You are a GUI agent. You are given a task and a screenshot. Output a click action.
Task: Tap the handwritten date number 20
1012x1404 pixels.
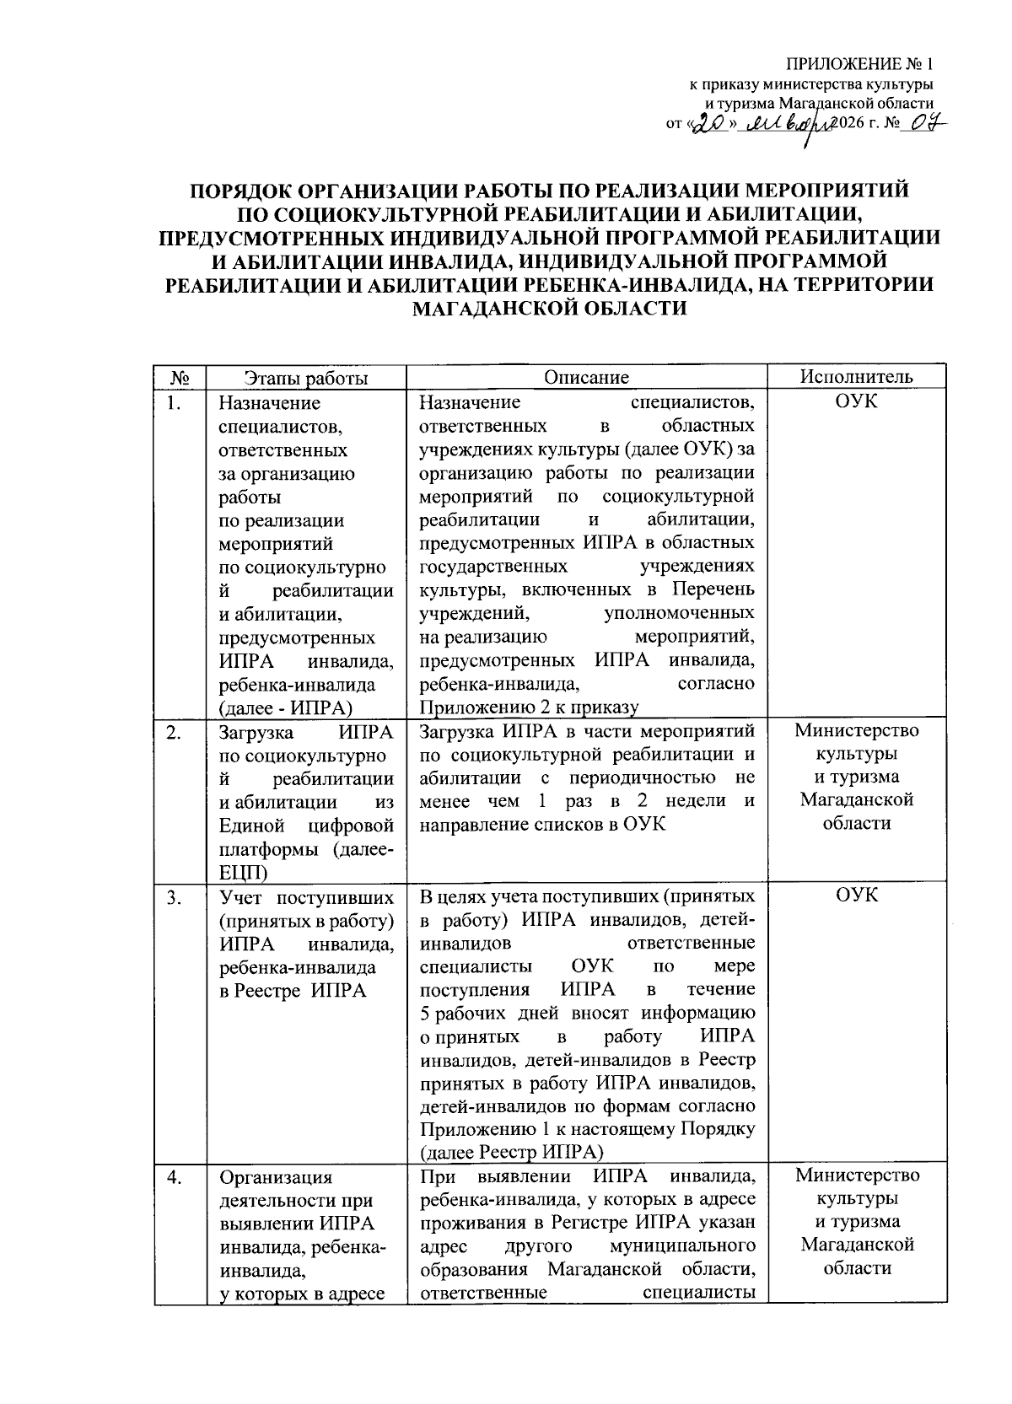tap(713, 124)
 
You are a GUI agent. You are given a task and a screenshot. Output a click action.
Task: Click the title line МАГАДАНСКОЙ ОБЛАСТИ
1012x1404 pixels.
tap(549, 309)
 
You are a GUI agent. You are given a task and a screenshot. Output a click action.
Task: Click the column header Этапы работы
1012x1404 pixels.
tap(305, 378)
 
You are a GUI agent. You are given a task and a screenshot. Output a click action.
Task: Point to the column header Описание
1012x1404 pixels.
tap(586, 378)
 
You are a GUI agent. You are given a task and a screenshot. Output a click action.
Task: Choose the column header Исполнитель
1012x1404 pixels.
tap(856, 377)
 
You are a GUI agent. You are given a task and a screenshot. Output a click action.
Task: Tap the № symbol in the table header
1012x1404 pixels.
tap(179, 378)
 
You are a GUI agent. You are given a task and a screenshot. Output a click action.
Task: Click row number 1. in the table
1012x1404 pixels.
tap(174, 402)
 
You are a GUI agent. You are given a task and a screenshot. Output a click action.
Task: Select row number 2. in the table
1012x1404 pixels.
tap(174, 732)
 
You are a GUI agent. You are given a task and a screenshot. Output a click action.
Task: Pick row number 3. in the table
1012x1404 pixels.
tap(174, 896)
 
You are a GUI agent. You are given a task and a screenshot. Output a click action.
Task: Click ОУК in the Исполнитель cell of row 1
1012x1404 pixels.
tap(856, 401)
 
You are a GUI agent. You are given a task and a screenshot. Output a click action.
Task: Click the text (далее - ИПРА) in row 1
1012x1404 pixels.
tap(285, 707)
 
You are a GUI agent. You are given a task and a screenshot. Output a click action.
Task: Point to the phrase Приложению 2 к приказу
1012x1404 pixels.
tap(528, 707)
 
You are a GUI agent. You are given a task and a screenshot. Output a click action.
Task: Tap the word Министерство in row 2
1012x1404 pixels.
tap(856, 730)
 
